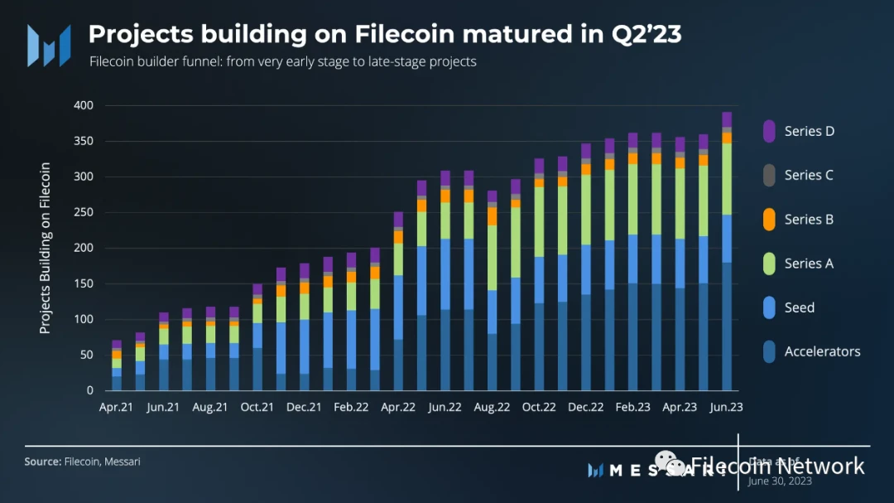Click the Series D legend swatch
coord(769,131)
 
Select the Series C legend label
coord(809,175)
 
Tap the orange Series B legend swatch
coord(769,220)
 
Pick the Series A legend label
coord(809,264)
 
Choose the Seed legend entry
coord(800,307)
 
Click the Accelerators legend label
coord(822,351)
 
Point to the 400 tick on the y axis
coord(83,106)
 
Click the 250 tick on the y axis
coord(83,213)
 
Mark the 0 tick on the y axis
coord(90,390)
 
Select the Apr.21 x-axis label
coord(117,408)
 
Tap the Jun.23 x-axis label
coord(726,408)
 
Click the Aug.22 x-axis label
coord(492,408)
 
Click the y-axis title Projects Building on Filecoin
coord(46,249)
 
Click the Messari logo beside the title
coord(48,46)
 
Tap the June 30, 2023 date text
coord(779,481)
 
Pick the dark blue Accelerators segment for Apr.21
coord(117,383)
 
